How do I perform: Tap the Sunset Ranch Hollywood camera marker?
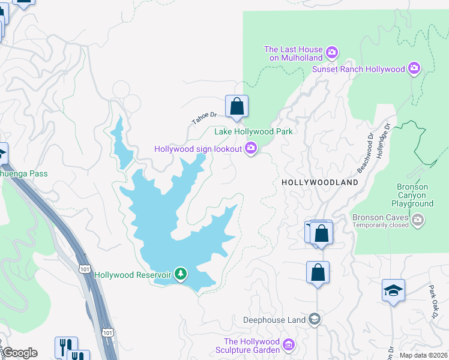pos(414,69)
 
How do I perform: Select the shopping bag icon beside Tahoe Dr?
pos(237,107)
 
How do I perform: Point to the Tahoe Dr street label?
pos(203,117)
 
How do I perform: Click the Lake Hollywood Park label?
pos(253,131)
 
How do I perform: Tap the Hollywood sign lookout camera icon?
pos(251,148)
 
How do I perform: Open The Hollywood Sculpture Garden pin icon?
pos(289,345)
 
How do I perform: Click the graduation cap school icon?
pos(393,291)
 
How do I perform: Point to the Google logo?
pos(20,353)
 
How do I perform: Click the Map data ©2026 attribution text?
pos(423,355)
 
